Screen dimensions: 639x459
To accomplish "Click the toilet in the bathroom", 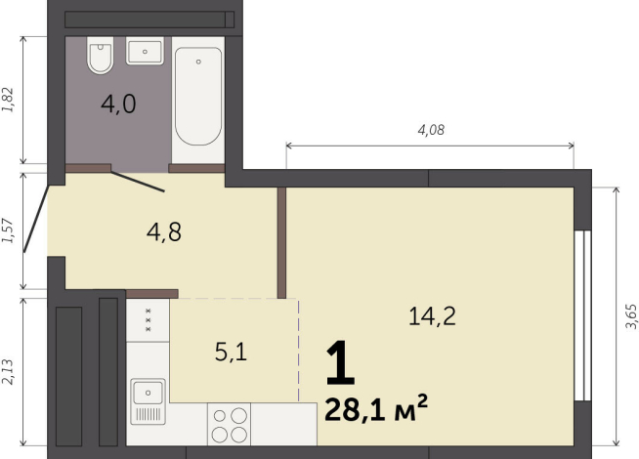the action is click(x=100, y=55).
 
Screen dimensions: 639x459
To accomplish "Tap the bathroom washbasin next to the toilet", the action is click(x=145, y=51).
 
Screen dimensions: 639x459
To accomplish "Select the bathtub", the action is click(x=198, y=96).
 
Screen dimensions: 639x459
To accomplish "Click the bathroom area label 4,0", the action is click(x=118, y=104).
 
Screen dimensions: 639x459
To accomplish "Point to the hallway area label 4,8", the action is click(x=164, y=232).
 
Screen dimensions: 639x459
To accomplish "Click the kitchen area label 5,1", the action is click(x=231, y=352).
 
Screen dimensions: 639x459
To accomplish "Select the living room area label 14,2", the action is click(x=432, y=316).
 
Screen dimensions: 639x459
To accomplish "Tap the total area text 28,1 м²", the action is click(x=376, y=409).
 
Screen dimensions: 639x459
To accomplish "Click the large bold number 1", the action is click(x=340, y=363).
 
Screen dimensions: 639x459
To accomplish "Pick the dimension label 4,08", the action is click(x=431, y=130).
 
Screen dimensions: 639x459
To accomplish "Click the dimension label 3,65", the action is click(x=630, y=316).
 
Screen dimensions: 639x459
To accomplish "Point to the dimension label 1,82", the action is click(x=8, y=100).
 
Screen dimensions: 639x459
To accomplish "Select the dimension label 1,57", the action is click(x=8, y=230).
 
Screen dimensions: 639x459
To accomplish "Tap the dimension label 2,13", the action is click(x=8, y=372).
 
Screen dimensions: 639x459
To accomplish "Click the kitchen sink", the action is click(x=148, y=401).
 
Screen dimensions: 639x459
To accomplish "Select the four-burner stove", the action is click(x=230, y=425).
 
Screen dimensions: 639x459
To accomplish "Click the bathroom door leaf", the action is click(x=138, y=182).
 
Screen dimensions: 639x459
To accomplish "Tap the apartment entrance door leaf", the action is click(x=36, y=219).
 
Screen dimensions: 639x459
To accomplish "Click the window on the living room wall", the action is click(x=582, y=315).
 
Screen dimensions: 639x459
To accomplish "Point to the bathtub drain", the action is click(x=198, y=62).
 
